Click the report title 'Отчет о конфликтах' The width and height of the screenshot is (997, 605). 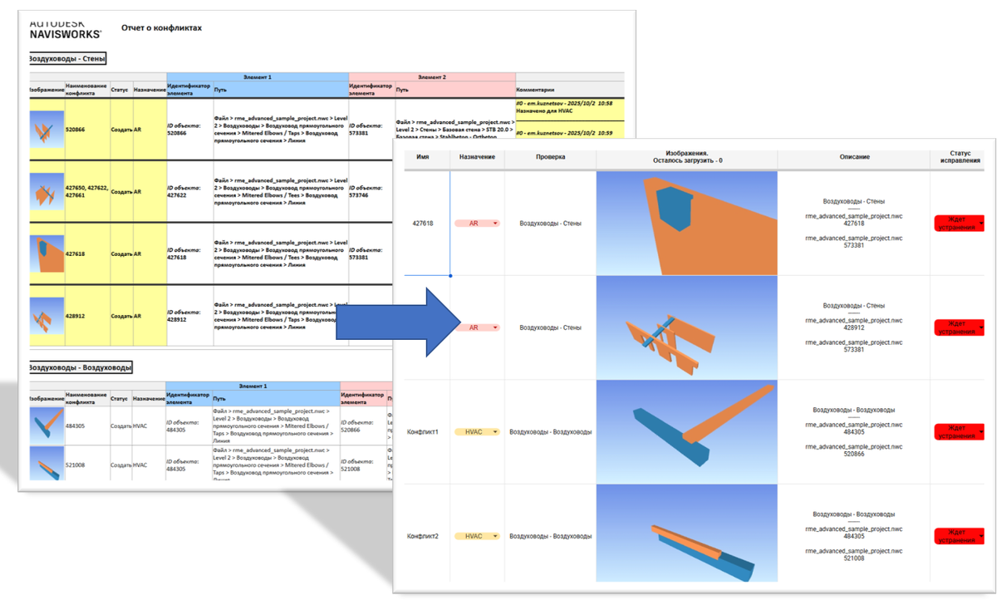[161, 28]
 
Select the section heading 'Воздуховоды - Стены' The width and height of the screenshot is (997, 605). [67, 59]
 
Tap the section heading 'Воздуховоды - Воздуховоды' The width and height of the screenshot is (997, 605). [80, 366]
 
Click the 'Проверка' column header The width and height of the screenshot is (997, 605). [550, 156]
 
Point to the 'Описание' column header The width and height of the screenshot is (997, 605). [853, 156]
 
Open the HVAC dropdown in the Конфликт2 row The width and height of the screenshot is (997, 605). [477, 536]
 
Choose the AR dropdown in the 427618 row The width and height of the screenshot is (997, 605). [477, 223]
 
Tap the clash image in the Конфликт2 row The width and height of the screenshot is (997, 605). [686, 534]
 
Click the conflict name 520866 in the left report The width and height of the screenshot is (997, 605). [76, 130]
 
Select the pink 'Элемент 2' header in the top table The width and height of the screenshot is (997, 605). [431, 76]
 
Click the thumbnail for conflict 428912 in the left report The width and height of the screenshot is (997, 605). [46, 316]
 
